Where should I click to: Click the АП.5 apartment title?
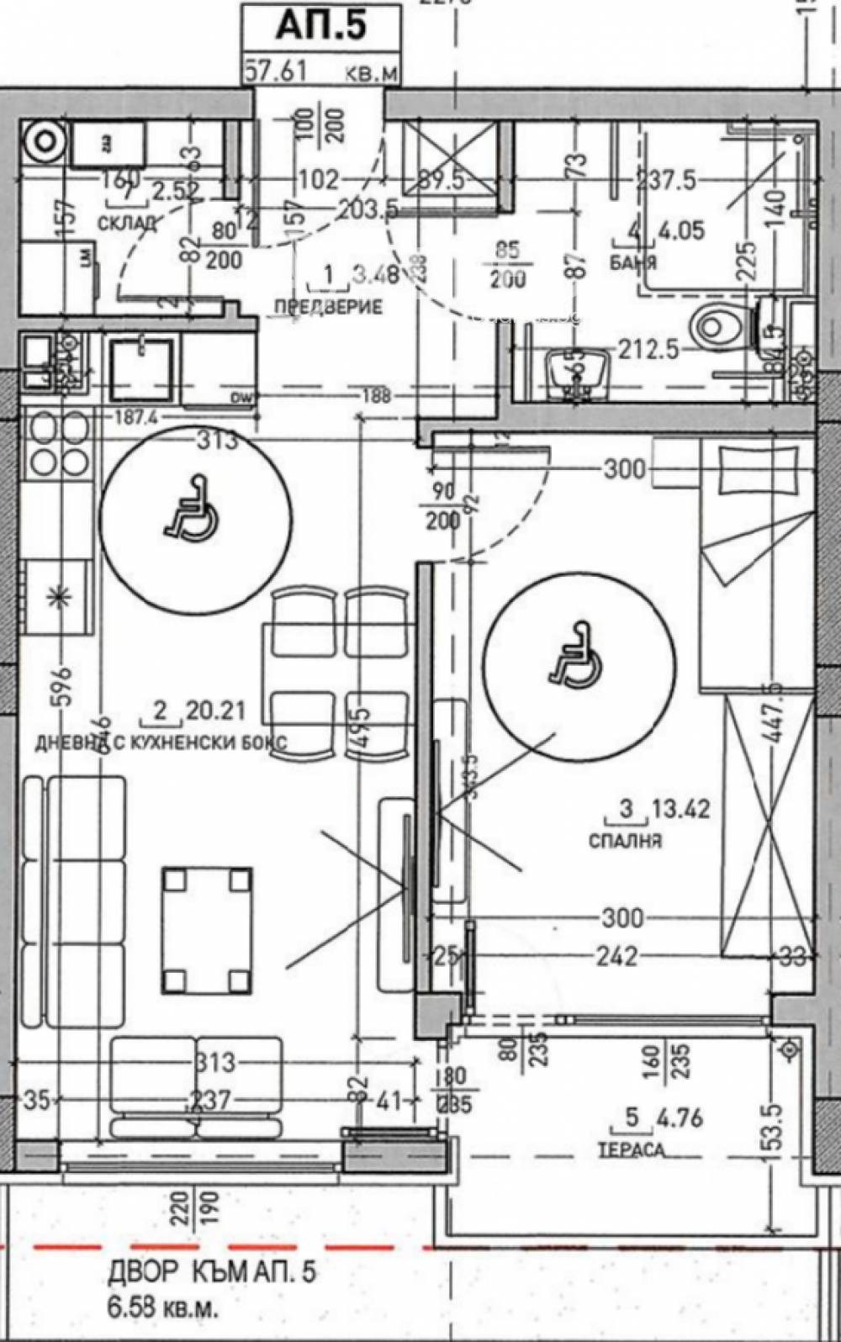click(x=321, y=26)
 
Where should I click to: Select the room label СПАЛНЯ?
click(x=626, y=840)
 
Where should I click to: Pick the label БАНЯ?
click(x=633, y=262)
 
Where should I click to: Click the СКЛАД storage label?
click(x=127, y=223)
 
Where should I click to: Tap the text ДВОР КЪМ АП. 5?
click(x=212, y=1273)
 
